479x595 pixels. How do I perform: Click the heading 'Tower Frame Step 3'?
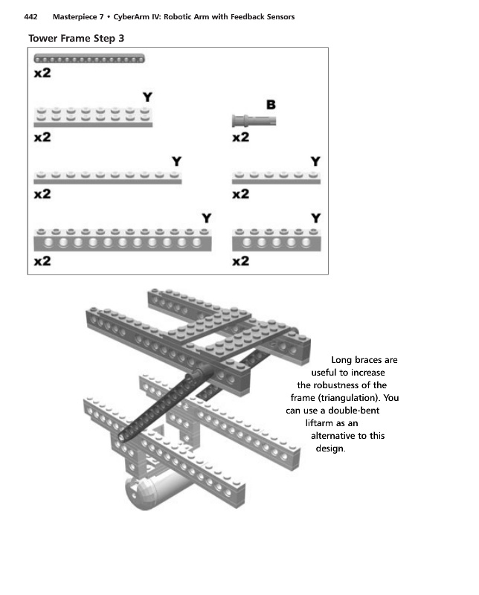coord(81,38)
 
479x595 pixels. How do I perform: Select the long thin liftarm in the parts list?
coord(89,58)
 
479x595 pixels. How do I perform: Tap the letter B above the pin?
coord(271,104)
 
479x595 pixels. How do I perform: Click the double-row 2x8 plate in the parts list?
coord(93,117)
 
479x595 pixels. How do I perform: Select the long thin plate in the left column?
coord(108,178)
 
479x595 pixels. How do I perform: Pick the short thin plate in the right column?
coord(276,178)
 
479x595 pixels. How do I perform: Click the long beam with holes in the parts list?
coord(123,240)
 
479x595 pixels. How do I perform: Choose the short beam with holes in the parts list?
coord(276,240)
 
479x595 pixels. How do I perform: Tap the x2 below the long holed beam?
coord(42,262)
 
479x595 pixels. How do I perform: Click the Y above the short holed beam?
coord(315,218)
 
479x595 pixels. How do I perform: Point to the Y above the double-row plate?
coord(147,97)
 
